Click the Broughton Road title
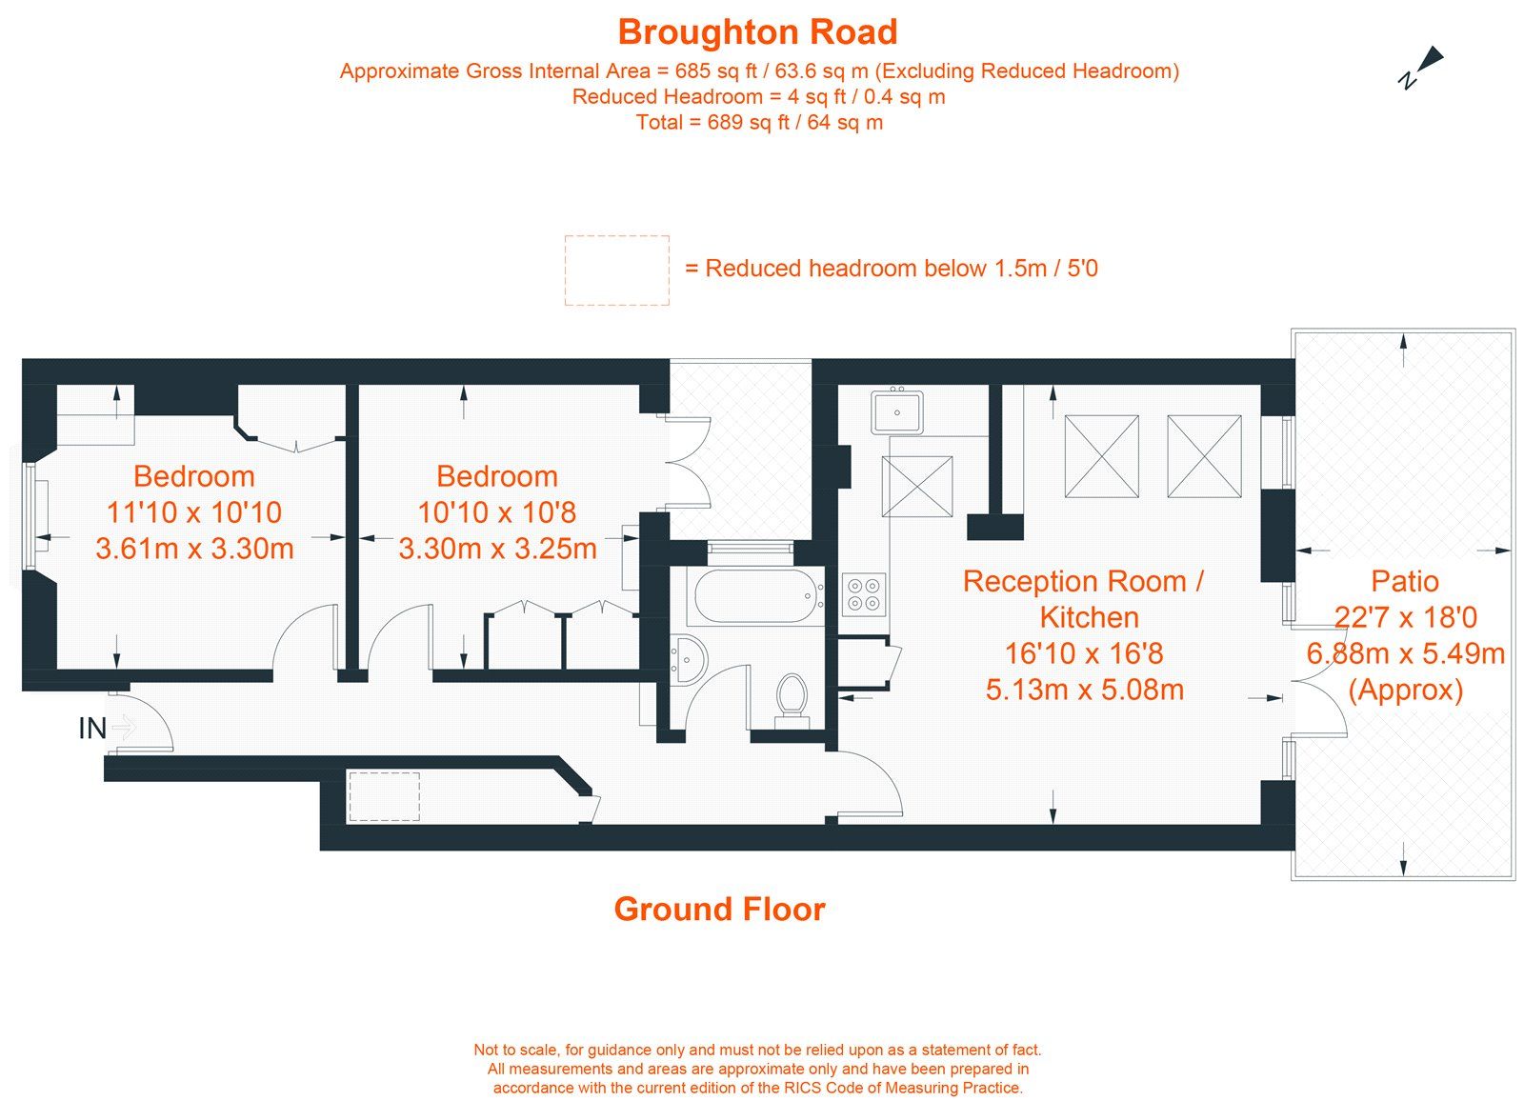(757, 32)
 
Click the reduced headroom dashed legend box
(616, 270)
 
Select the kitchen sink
(896, 411)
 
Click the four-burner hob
(864, 593)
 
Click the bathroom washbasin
(688, 657)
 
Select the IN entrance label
(92, 729)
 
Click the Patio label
(1404, 581)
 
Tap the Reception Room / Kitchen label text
(1084, 599)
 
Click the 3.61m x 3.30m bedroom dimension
(194, 549)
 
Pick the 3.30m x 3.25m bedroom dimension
(497, 549)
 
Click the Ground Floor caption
(719, 910)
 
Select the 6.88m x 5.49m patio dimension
(1405, 653)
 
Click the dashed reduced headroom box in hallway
(384, 796)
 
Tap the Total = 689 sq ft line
(759, 122)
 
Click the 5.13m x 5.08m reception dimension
(1084, 690)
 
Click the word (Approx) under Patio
(1405, 690)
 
